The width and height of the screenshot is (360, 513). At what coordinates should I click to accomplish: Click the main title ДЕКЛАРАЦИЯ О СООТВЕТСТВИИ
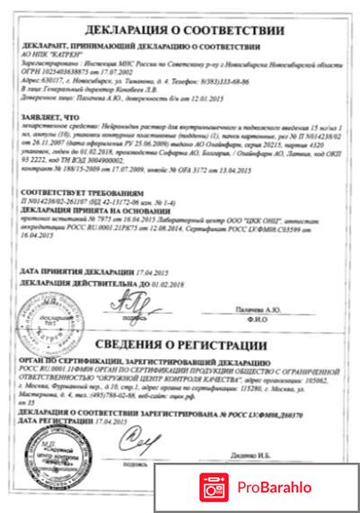coord(180,17)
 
